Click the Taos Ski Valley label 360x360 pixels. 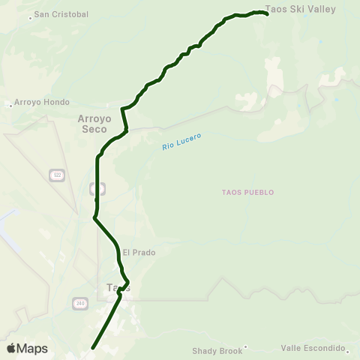tap(311, 10)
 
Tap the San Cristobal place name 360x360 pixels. tap(61, 14)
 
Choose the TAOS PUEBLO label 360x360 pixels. tap(247, 192)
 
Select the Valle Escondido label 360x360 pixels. tap(312, 349)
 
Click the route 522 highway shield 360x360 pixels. tap(57, 175)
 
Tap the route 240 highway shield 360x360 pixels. tap(80, 303)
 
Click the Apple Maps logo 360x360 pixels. tap(27, 348)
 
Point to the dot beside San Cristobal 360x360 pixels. tap(30, 17)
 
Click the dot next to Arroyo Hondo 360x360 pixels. tap(10, 106)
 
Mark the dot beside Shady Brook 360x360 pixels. tap(245, 346)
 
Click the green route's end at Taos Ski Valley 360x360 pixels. tap(267, 13)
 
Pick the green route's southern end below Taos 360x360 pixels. tap(93, 347)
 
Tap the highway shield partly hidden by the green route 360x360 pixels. tap(97, 187)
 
